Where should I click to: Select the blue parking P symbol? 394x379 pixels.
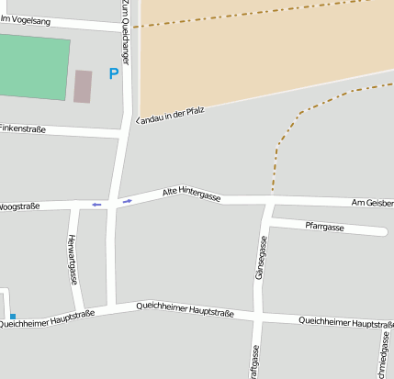tap(114, 73)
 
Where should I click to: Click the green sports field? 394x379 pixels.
tap(33, 66)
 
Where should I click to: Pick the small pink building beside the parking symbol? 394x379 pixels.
tap(83, 86)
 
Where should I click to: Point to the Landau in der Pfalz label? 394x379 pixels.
tap(169, 114)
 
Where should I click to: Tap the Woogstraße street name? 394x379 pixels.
tap(19, 206)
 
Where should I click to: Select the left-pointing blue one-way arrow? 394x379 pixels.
tap(96, 204)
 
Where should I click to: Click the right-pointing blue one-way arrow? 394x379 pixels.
tap(127, 200)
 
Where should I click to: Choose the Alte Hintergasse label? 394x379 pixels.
tap(191, 193)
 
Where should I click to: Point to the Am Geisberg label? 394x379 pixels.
tap(372, 202)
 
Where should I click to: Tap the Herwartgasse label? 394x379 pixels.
tap(73, 260)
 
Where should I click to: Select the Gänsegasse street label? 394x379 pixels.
tap(261, 258)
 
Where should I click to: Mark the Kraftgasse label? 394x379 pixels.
tap(253, 362)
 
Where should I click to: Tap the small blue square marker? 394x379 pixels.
tap(12, 317)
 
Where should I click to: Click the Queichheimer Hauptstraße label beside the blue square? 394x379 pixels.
tap(47, 318)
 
